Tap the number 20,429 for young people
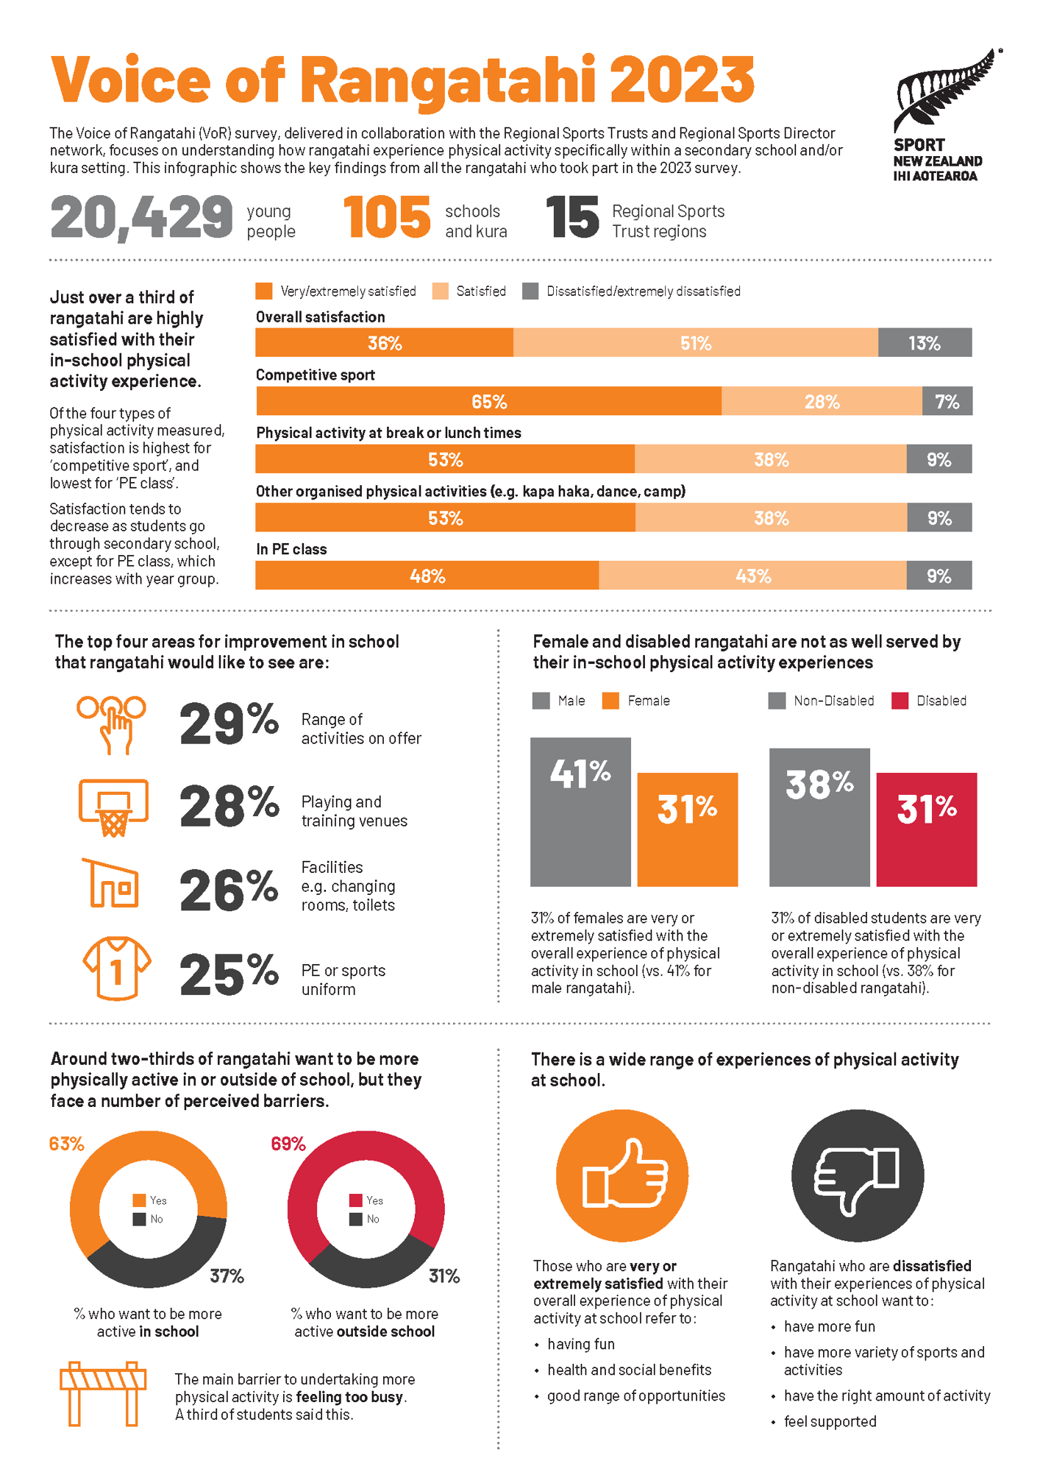[x=141, y=219]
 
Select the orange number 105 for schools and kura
[x=387, y=218]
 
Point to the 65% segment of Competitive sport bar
[x=488, y=402]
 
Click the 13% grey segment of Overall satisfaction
[x=925, y=344]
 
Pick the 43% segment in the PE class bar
[x=752, y=576]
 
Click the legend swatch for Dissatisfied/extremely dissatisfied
[x=530, y=291]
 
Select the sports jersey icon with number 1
[x=116, y=969]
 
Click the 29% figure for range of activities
[x=229, y=724]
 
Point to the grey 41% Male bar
[x=580, y=812]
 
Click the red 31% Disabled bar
[x=927, y=829]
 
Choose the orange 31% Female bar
[x=687, y=829]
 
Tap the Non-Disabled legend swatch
[x=777, y=701]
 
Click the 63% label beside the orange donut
[x=66, y=1144]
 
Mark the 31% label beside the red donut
[x=444, y=1276]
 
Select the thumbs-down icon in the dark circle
[x=857, y=1175]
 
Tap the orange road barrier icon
[x=103, y=1393]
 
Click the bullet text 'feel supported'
[x=830, y=1421]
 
